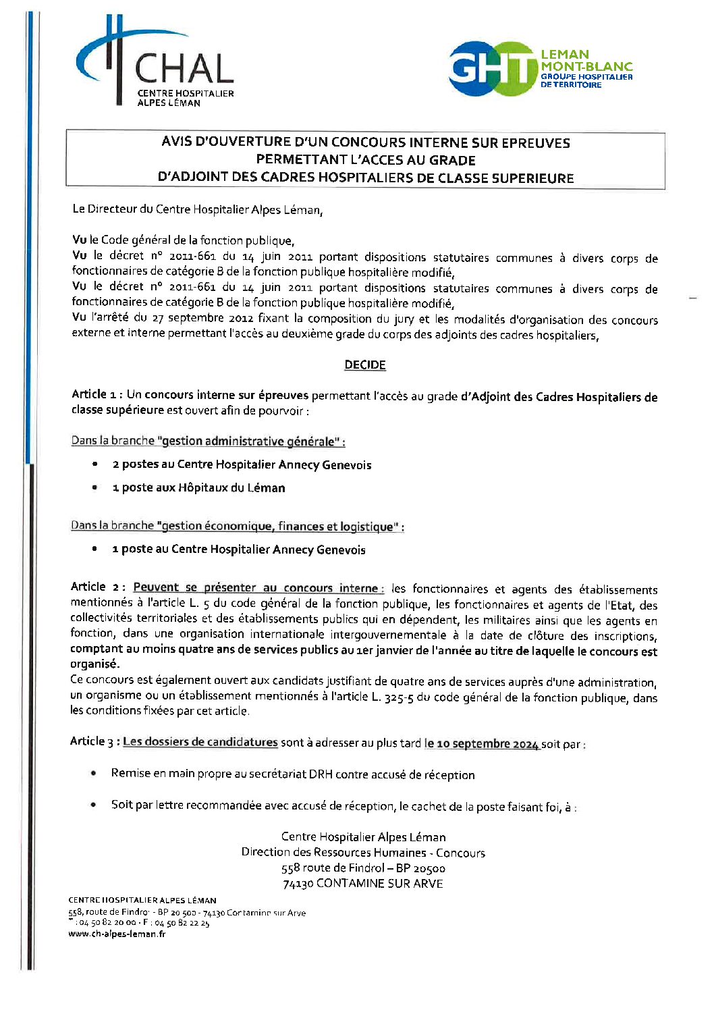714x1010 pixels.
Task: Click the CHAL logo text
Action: click(x=184, y=69)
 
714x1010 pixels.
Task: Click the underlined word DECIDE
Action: click(x=364, y=365)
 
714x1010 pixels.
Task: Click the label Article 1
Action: click(x=97, y=394)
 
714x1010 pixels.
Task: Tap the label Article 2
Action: click(x=97, y=587)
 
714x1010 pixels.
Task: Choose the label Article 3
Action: click(x=94, y=741)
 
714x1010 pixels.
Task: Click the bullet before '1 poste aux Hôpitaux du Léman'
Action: click(x=95, y=487)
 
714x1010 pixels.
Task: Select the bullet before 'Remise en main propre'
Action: click(x=94, y=774)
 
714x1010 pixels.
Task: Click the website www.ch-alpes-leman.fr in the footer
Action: click(x=117, y=934)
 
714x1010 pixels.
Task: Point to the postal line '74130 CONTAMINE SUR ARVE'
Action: click(x=363, y=884)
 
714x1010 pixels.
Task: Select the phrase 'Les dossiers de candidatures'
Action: click(x=200, y=742)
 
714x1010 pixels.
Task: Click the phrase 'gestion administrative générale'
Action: click(x=248, y=442)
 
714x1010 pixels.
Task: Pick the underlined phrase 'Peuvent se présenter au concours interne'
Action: click(x=257, y=588)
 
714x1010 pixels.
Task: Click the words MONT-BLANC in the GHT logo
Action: click(x=586, y=66)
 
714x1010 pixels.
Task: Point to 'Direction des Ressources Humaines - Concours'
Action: click(x=363, y=853)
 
